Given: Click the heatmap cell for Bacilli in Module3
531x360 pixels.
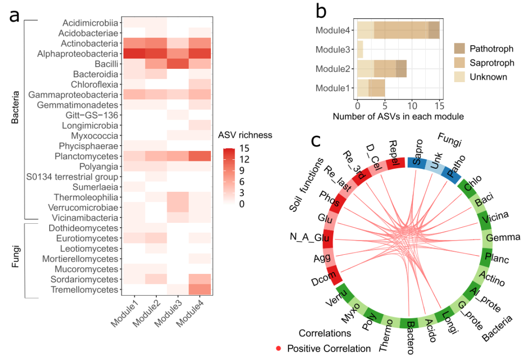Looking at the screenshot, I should tap(177, 64).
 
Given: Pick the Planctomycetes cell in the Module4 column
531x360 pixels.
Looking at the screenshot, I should tap(200, 156).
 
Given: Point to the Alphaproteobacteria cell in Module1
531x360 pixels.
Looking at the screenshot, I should tap(133, 54).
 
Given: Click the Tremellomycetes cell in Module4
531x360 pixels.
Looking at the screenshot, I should tap(200, 290).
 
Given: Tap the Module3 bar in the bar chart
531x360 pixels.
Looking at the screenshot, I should tap(360, 50).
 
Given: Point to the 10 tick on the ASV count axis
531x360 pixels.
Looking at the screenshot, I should tap(412, 106).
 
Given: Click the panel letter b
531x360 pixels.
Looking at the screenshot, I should tap(321, 11).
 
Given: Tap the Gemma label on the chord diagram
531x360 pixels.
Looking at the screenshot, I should tap(502, 238).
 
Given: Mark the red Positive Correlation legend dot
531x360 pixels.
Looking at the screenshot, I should tap(279, 349).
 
